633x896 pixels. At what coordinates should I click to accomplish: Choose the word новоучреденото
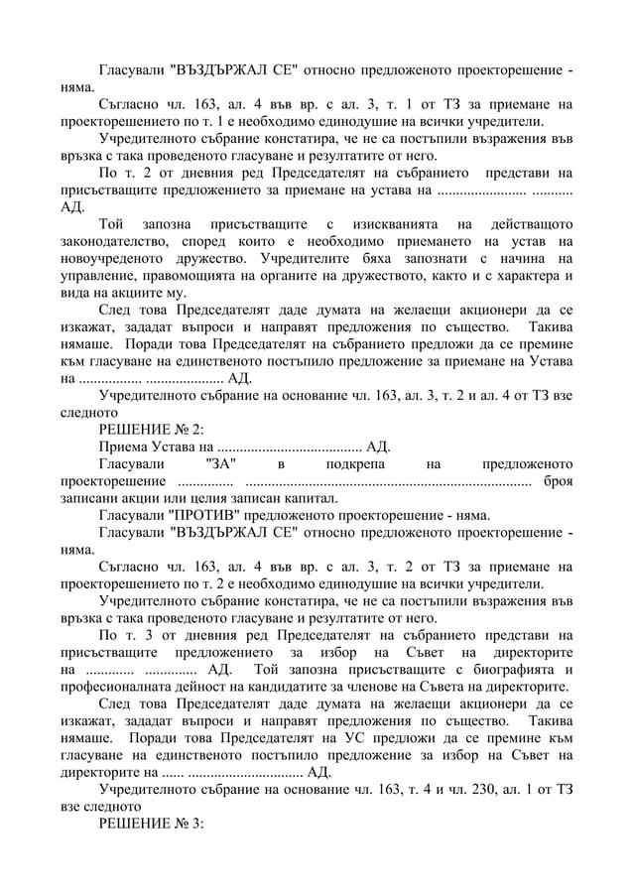click(115, 258)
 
